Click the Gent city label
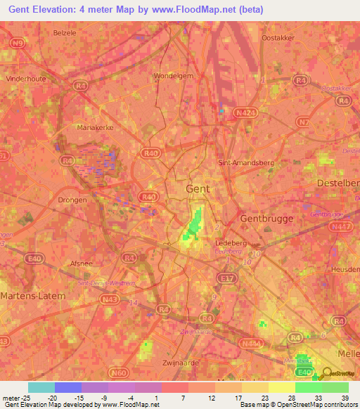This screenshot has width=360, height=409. tap(198, 189)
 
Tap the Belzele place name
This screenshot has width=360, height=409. tap(65, 32)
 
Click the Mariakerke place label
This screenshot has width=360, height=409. tap(94, 128)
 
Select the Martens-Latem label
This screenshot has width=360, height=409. tap(33, 296)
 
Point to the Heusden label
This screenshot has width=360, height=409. tap(346, 270)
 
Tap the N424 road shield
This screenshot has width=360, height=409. tap(244, 112)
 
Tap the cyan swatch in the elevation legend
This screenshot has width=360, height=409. tap(41, 387)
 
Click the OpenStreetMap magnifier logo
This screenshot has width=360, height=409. tap(326, 375)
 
